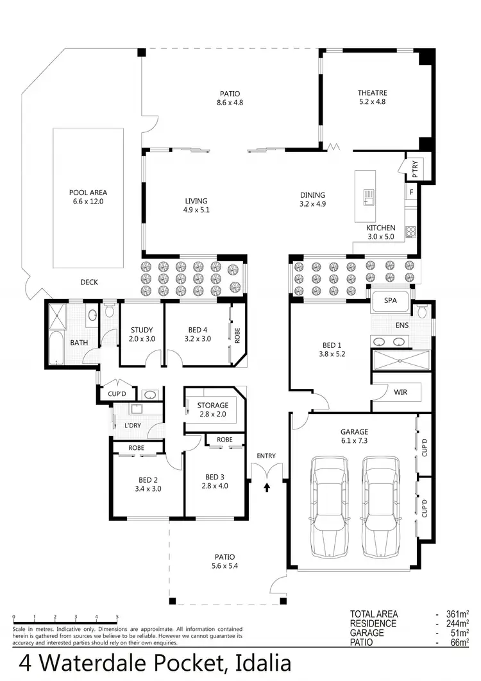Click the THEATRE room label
[x=372, y=93]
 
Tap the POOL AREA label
[x=88, y=192]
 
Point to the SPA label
[x=390, y=300]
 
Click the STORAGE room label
[x=212, y=405]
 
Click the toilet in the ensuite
[x=421, y=312]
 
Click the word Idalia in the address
[x=255, y=661]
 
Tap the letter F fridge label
[x=412, y=191]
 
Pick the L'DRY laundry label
[x=132, y=426]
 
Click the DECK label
[x=89, y=282]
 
